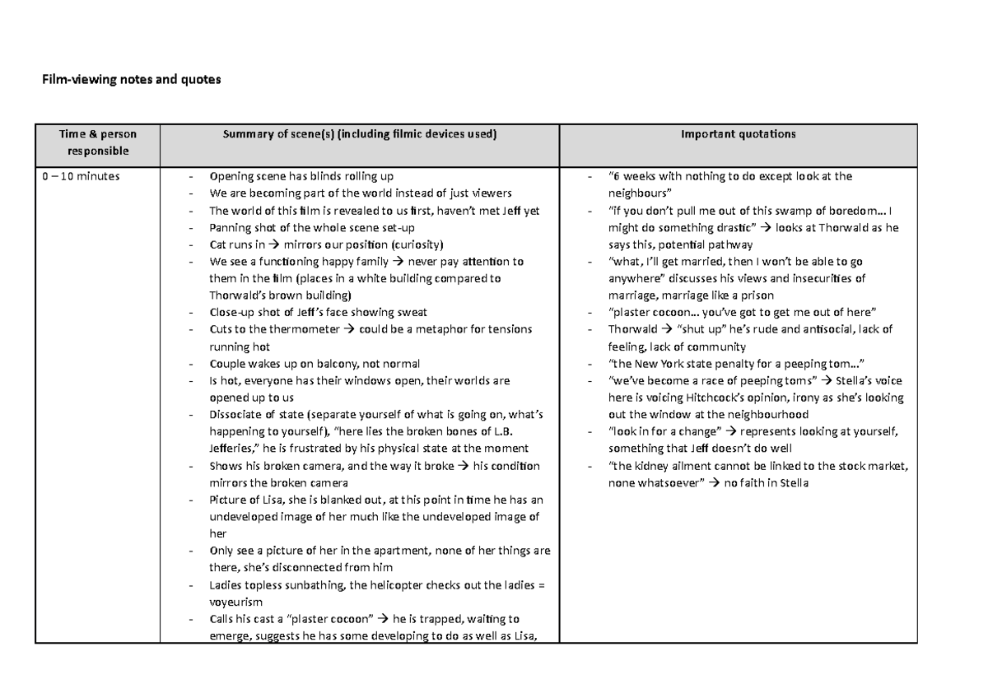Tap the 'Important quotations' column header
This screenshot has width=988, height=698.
(x=738, y=134)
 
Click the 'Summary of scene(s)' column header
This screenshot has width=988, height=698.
(x=360, y=134)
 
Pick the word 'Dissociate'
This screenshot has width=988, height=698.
(x=237, y=415)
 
